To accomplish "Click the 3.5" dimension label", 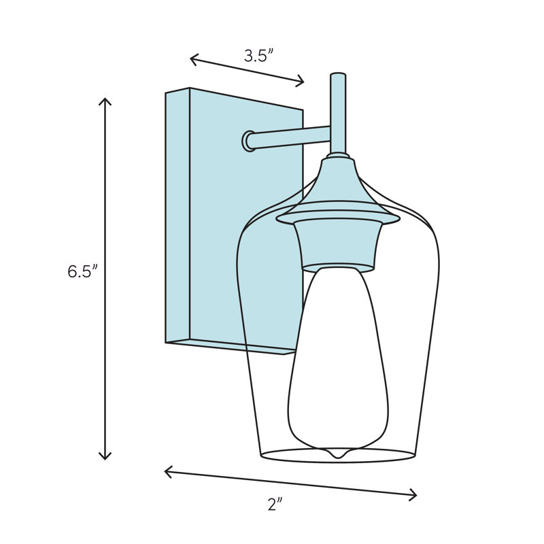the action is (259, 56).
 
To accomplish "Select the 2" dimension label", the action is (275, 504).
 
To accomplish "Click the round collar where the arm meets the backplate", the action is (248, 141).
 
